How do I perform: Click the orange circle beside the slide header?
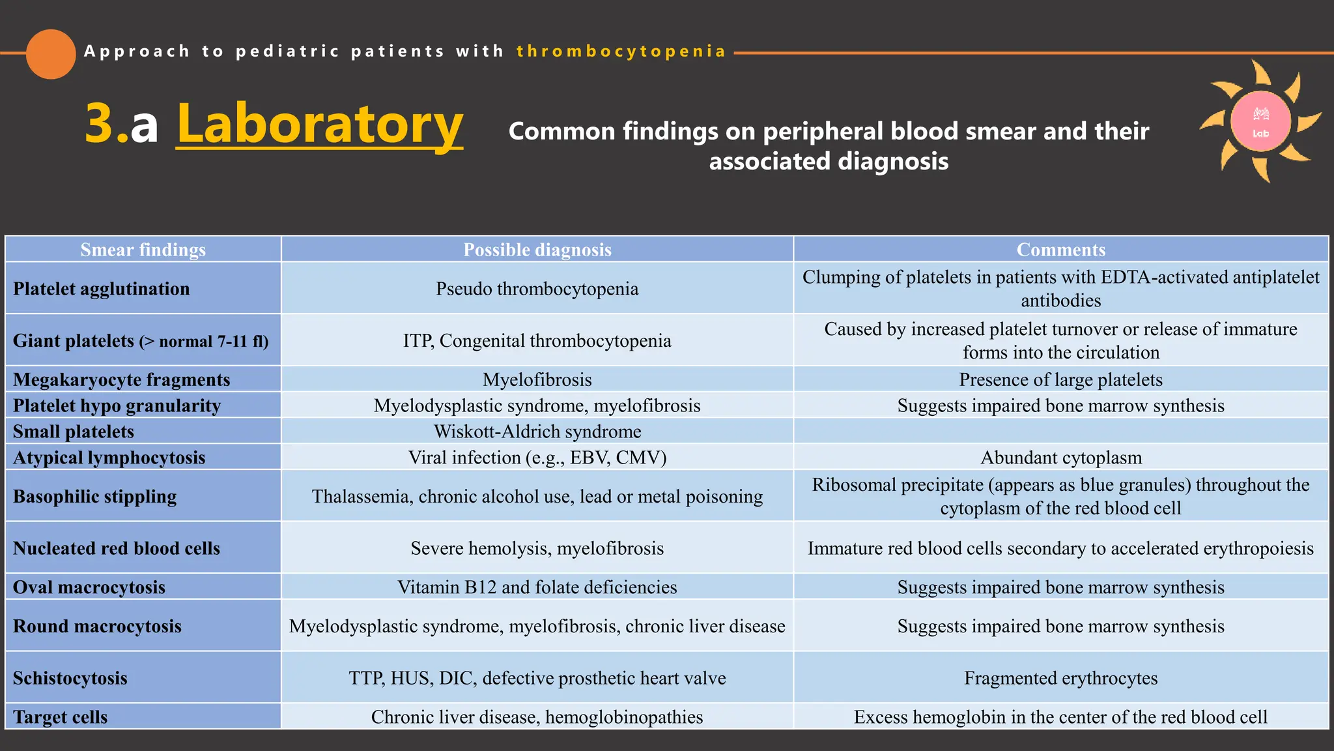pos(51,54)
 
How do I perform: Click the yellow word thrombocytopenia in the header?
pos(621,52)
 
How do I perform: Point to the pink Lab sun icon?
pos(1260,122)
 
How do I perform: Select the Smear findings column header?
pos(143,250)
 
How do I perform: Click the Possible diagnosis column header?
pos(537,250)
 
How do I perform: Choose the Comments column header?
pos(1060,250)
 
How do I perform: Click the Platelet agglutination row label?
pos(102,289)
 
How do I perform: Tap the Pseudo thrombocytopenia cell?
pos(537,289)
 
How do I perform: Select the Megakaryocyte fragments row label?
pos(122,379)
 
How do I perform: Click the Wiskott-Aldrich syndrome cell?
pos(537,432)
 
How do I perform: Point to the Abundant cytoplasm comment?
pos(1061,458)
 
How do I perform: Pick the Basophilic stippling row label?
pos(95,496)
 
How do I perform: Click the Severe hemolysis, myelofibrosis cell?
pos(537,548)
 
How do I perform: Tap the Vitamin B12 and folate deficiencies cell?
pos(537,587)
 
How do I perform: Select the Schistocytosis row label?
pos(70,678)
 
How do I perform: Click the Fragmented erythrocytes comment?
pos(1061,678)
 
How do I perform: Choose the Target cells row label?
pos(61,717)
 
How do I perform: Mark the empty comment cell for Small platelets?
pos(1061,432)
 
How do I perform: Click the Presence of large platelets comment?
pos(1061,379)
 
